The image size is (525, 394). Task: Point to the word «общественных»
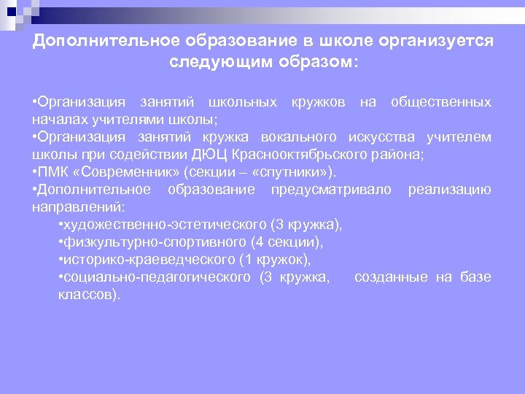click(440, 101)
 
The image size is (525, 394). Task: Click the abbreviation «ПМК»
click(55, 171)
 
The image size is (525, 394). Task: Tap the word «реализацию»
click(449, 189)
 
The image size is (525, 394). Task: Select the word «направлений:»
click(79, 206)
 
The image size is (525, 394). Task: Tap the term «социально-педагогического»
click(155, 277)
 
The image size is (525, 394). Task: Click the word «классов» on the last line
click(84, 294)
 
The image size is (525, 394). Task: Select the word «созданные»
click(391, 277)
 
